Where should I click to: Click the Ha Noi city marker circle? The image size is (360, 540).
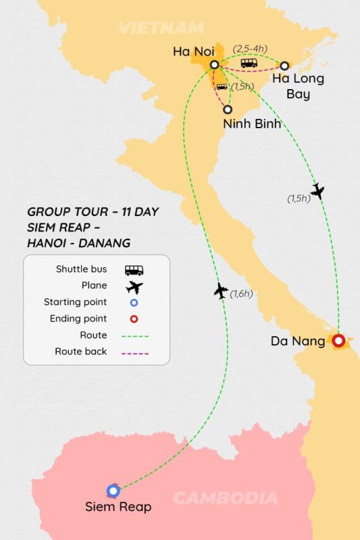tap(214, 65)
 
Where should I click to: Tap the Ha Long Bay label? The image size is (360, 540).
tap(298, 86)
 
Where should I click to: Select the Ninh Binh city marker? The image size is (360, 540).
tap(228, 109)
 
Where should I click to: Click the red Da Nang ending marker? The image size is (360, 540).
tap(338, 341)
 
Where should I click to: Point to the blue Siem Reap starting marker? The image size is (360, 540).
tap(113, 491)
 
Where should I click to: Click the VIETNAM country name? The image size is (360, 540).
tap(161, 28)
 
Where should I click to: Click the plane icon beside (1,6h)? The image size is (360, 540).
tap(221, 292)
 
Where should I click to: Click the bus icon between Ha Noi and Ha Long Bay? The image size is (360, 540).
tap(249, 63)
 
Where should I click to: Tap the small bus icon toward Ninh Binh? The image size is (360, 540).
tap(222, 87)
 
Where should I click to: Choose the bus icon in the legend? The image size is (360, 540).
tap(134, 269)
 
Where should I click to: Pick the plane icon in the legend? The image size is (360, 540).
tap(134, 286)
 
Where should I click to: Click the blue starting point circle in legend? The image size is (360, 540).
tap(134, 302)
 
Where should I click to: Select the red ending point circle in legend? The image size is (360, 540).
tap(134, 319)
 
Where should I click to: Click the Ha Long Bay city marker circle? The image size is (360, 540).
tap(284, 65)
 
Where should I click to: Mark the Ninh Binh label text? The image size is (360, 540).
tap(252, 124)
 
